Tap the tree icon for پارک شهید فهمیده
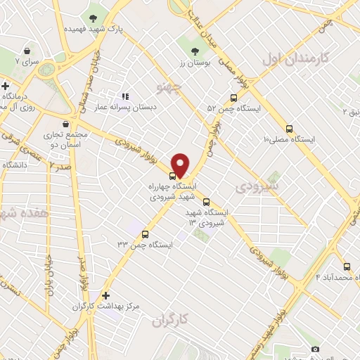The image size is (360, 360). point(94,18)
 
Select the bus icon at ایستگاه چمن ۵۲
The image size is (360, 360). point(233,98)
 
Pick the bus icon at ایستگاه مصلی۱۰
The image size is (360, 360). point(290,129)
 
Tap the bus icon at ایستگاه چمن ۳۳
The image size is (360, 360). point(146,234)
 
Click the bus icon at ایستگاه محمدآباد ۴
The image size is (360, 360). point(347,266)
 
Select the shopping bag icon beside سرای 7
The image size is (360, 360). point(27,51)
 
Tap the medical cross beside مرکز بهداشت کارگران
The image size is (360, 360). point(105,296)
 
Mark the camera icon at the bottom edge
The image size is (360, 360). point(314,349)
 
